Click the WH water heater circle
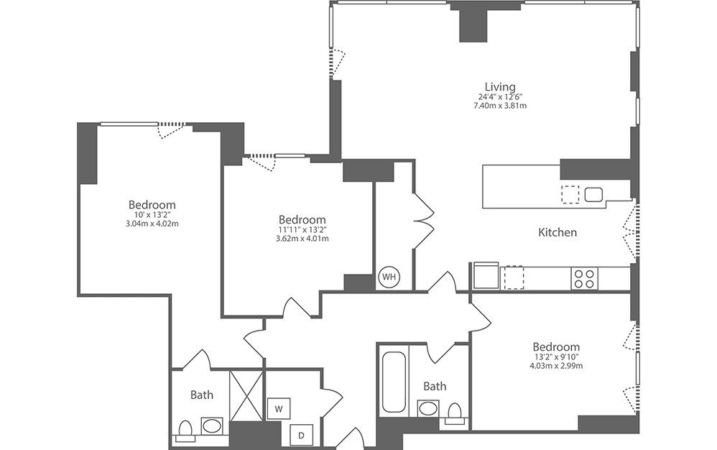(x=389, y=277)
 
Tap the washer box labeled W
(x=277, y=409)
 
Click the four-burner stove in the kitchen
(x=583, y=278)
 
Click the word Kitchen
(x=558, y=233)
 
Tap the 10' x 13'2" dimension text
(x=152, y=214)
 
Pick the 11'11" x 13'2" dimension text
(x=302, y=229)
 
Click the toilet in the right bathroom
(x=454, y=413)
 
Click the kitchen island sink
(x=593, y=194)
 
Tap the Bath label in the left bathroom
(x=202, y=395)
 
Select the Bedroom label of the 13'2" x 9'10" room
(x=557, y=346)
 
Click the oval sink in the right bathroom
(x=429, y=410)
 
